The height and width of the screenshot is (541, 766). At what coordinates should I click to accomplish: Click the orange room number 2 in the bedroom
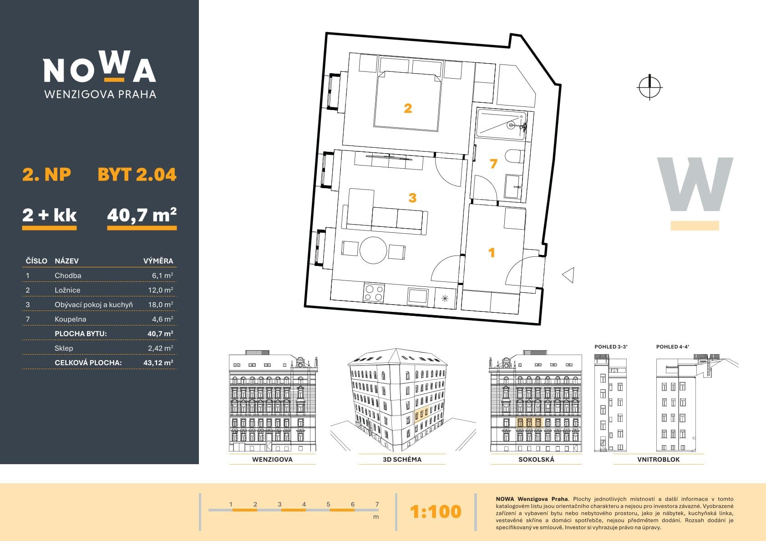pyautogui.click(x=408, y=108)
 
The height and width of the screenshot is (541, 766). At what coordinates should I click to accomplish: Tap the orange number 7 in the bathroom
pyautogui.click(x=493, y=164)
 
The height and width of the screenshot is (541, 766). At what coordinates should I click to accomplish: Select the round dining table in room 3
pyautogui.click(x=373, y=250)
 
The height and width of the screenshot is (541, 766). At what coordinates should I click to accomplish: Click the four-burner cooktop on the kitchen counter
pyautogui.click(x=373, y=293)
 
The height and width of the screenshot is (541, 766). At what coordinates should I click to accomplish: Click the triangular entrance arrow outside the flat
pyautogui.click(x=568, y=275)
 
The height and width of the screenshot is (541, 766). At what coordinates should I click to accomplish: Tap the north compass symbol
pyautogui.click(x=649, y=87)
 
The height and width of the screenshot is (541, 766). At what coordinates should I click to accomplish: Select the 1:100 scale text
pyautogui.click(x=436, y=511)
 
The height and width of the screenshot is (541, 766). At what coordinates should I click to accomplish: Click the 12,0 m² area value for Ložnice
pyautogui.click(x=161, y=290)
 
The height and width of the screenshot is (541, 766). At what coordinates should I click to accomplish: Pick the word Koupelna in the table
pyautogui.click(x=71, y=319)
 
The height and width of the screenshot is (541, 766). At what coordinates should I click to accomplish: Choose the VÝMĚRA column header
pyautogui.click(x=158, y=261)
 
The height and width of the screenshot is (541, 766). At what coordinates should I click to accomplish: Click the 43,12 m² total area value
pyautogui.click(x=158, y=362)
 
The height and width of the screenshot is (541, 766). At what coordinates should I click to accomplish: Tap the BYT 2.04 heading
pyautogui.click(x=137, y=175)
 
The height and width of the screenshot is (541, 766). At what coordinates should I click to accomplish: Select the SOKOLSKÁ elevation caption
pyautogui.click(x=536, y=459)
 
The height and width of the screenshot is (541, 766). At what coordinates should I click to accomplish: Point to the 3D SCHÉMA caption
pyautogui.click(x=402, y=459)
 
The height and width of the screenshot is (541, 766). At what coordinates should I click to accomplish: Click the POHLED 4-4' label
pyautogui.click(x=673, y=347)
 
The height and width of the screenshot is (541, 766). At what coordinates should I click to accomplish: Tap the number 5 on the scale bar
pyautogui.click(x=328, y=504)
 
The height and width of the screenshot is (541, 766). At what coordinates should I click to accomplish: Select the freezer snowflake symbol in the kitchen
pyautogui.click(x=445, y=299)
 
